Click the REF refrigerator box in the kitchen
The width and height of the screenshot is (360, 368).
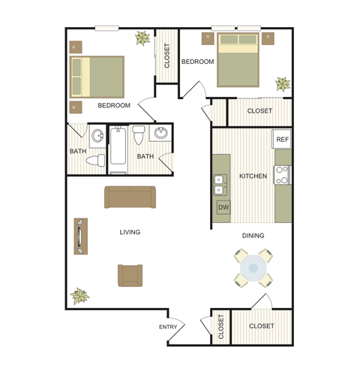282,140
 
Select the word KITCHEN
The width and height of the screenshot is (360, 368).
253,176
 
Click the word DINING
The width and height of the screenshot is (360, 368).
253,236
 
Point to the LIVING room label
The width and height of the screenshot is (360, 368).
130,232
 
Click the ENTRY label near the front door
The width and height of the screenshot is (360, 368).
168,327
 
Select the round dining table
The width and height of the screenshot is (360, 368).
253,267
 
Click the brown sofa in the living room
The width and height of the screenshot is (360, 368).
130,198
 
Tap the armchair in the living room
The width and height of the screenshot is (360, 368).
130,275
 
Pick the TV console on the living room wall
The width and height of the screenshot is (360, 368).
80,238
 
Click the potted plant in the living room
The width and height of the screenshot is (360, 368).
79,296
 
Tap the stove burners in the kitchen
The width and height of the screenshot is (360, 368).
283,174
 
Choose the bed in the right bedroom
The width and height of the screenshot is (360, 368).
238,60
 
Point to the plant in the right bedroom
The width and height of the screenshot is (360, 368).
282,83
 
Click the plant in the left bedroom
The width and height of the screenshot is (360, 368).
140,38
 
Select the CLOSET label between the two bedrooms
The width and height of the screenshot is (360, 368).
166,54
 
